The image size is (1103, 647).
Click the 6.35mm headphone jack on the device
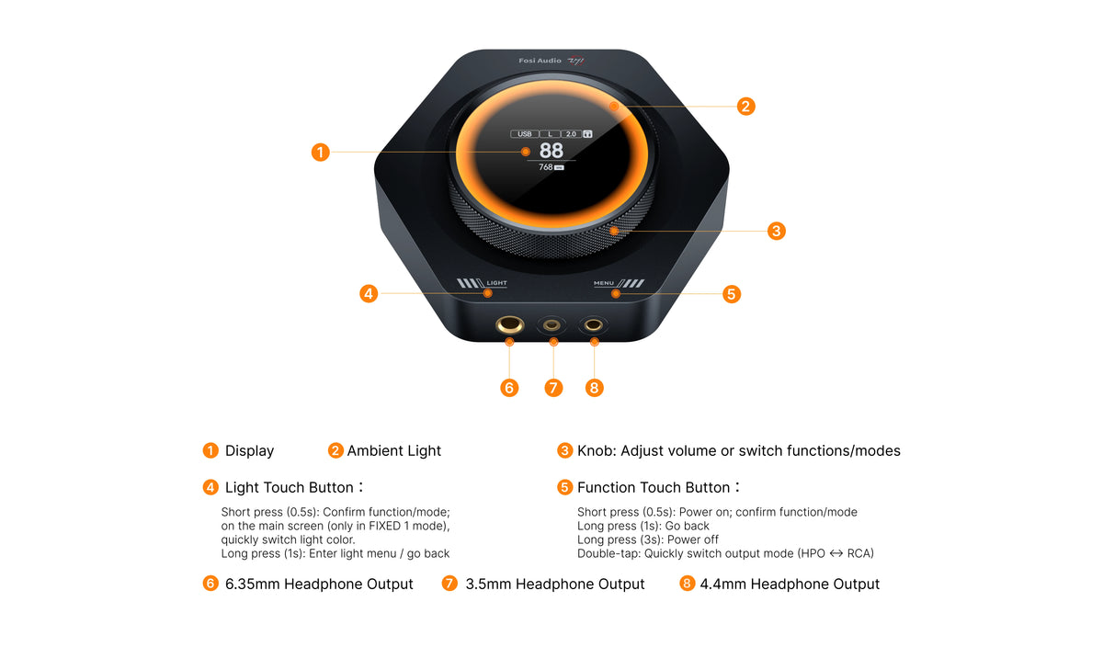pyautogui.click(x=509, y=325)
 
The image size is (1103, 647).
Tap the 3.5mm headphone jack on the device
pyautogui.click(x=551, y=325)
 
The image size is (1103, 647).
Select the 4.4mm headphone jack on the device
pyautogui.click(x=594, y=325)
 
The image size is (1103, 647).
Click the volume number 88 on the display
pyautogui.click(x=551, y=150)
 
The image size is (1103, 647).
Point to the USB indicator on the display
pyautogui.click(x=525, y=134)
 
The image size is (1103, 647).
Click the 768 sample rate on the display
pyautogui.click(x=546, y=167)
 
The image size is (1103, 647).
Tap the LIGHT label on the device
pyautogui.click(x=496, y=283)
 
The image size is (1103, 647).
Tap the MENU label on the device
pyautogui.click(x=604, y=283)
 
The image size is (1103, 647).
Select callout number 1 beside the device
pyautogui.click(x=321, y=153)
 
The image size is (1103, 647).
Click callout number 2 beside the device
pyautogui.click(x=745, y=107)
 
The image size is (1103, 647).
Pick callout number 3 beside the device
pyautogui.click(x=777, y=231)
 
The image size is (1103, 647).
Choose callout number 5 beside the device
pyautogui.click(x=732, y=294)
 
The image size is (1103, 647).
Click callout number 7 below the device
pyautogui.click(x=553, y=388)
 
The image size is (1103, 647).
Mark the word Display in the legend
pyautogui.click(x=249, y=451)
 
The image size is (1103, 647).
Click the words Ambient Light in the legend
pyautogui.click(x=394, y=451)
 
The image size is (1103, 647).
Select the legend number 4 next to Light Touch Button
pyautogui.click(x=210, y=487)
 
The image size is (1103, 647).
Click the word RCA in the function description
pyautogui.click(x=859, y=553)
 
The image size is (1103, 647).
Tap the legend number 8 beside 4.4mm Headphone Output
pyautogui.click(x=687, y=584)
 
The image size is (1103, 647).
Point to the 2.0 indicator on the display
pyautogui.click(x=571, y=134)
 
